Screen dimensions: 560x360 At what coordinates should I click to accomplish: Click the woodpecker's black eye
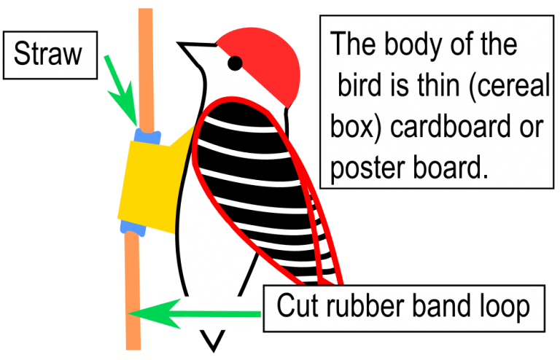pyautogui.click(x=235, y=63)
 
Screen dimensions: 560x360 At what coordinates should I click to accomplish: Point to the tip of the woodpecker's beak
pyautogui.click(x=178, y=44)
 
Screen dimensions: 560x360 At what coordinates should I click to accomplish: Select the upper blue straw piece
pyautogui.click(x=147, y=137)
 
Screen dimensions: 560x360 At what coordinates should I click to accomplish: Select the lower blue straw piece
pyautogui.click(x=133, y=228)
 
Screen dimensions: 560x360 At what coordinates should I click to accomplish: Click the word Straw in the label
pyautogui.click(x=48, y=53)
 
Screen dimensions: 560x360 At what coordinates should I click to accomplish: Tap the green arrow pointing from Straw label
pyautogui.click(x=122, y=90)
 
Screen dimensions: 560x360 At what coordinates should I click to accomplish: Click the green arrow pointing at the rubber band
pyautogui.click(x=194, y=314)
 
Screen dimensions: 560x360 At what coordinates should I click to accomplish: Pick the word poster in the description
pyautogui.click(x=369, y=168)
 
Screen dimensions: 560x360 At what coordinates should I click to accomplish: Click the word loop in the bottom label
pyautogui.click(x=505, y=307)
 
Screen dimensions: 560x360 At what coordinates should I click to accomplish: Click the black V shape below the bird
pyautogui.click(x=213, y=340)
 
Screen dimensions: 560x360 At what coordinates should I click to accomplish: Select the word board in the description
pyautogui.click(x=451, y=168)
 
